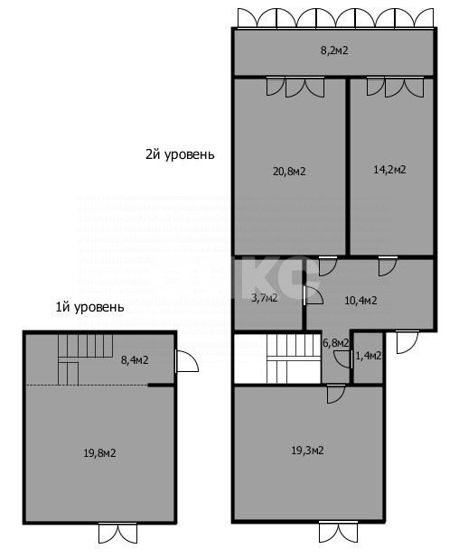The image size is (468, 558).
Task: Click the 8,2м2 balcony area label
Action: coord(334,51)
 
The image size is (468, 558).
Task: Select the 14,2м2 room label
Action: coord(390,169)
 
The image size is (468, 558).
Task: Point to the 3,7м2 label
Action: coord(264,298)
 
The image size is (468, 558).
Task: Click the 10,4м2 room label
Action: coord(361,300)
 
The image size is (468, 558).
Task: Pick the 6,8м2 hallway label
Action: coord(336,343)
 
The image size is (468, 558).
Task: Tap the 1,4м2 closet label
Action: coord(369,356)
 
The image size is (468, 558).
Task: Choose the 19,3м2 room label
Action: coord(308,450)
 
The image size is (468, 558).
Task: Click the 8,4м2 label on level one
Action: coord(135,360)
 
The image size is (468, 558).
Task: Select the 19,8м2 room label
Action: coord(99,452)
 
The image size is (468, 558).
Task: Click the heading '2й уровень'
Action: coord(180,153)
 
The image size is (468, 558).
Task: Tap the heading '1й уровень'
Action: coord(89,307)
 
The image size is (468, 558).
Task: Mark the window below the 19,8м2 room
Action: coord(118,534)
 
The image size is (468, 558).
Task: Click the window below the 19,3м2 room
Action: coord(339,533)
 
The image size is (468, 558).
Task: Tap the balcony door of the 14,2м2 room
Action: coord(395,88)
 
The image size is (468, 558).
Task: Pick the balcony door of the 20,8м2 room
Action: coord(295,88)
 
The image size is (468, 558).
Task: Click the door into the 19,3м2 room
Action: coord(334,394)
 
